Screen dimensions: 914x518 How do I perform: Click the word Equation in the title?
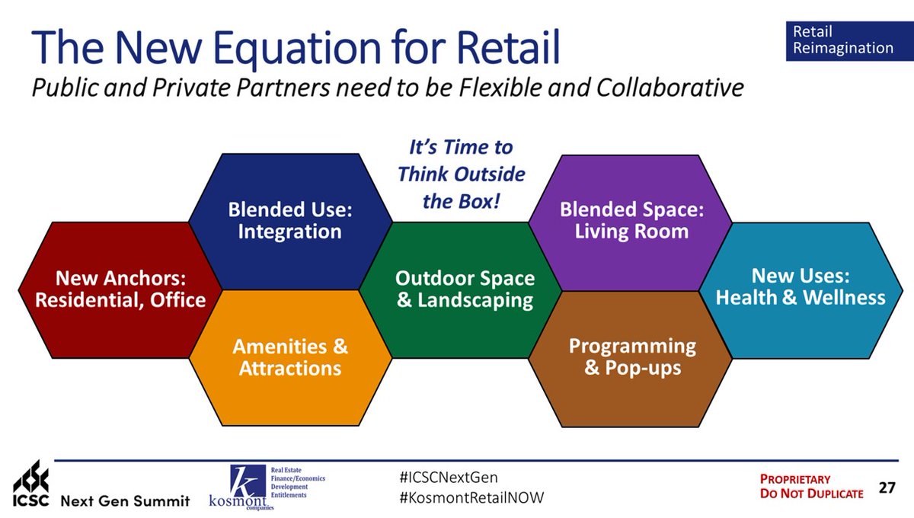coord(297,48)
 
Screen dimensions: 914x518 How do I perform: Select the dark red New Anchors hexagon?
coord(120,290)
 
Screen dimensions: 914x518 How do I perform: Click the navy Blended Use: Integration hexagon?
coord(290,221)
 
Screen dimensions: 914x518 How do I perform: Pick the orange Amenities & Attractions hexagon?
coord(290,357)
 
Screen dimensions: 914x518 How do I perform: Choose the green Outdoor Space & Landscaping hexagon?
coord(460,290)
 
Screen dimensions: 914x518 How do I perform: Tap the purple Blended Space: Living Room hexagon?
coord(631,223)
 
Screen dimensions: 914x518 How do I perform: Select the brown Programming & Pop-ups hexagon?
coord(631,360)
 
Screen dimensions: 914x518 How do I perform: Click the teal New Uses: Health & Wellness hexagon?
coord(801,291)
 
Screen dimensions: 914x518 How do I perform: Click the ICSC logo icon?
coord(31,483)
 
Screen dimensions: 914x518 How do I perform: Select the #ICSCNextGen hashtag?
coord(449,477)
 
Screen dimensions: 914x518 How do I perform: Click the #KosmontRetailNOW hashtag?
coord(471,497)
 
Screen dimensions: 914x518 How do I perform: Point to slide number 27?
coord(887,488)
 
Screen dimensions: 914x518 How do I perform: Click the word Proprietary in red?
coord(795,479)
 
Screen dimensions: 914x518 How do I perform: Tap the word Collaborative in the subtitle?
coord(670,88)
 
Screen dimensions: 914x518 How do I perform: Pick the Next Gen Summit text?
coord(125,500)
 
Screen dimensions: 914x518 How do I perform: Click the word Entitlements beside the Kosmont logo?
coord(289,495)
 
